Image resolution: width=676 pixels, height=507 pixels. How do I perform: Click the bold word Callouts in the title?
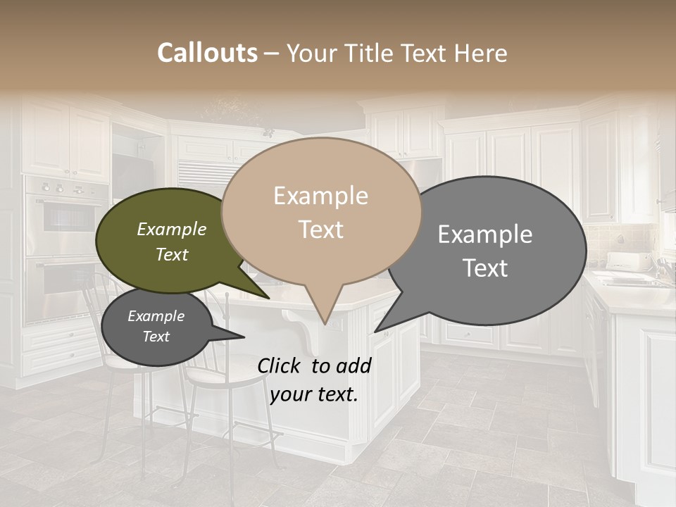(207, 53)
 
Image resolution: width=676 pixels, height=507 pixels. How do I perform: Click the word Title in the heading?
(372, 53)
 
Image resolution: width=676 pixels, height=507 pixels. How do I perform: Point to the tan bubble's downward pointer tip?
(325, 325)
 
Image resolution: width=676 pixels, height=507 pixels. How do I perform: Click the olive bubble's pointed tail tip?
(269, 299)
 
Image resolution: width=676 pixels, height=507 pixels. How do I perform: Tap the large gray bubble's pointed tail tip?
(375, 332)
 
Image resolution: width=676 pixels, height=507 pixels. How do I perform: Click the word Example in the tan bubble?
(320, 196)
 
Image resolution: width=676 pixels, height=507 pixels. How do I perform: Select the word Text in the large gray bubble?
(486, 268)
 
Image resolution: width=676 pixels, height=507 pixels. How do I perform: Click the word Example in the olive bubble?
(172, 229)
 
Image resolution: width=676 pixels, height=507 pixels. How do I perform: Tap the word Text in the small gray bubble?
(156, 337)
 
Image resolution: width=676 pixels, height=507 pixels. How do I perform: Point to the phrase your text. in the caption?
(314, 394)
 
